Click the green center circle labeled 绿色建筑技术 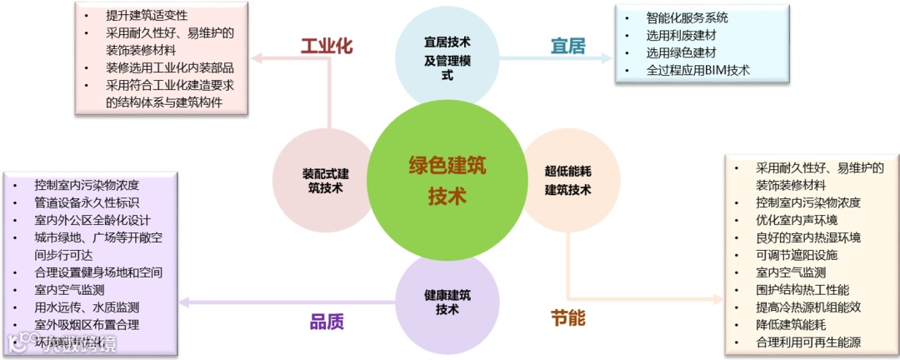[x=447, y=180]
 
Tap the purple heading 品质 [x=327, y=322]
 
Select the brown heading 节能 [x=567, y=318]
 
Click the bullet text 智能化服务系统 [x=687, y=17]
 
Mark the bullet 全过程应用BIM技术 [x=697, y=70]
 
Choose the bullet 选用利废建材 [x=681, y=35]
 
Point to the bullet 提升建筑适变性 [x=147, y=15]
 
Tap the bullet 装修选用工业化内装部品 [x=169, y=67]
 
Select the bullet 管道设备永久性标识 [x=87, y=202]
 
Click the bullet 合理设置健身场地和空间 [x=98, y=272]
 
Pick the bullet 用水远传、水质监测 [x=87, y=307]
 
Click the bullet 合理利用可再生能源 [x=807, y=342]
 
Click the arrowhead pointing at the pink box [x=257, y=58]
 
